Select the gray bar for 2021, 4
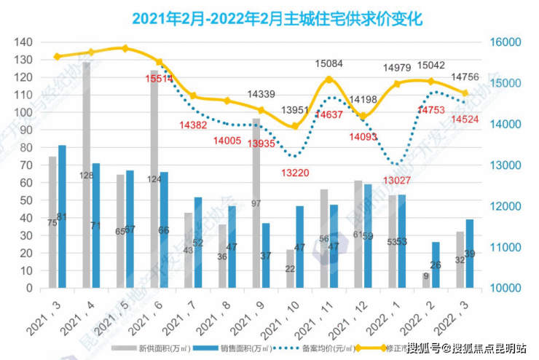click(x=87, y=175)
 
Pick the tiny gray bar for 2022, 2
click(x=426, y=280)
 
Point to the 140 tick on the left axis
click(x=25, y=42)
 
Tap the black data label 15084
click(x=328, y=64)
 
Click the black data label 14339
click(x=261, y=94)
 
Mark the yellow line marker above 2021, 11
click(x=328, y=79)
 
